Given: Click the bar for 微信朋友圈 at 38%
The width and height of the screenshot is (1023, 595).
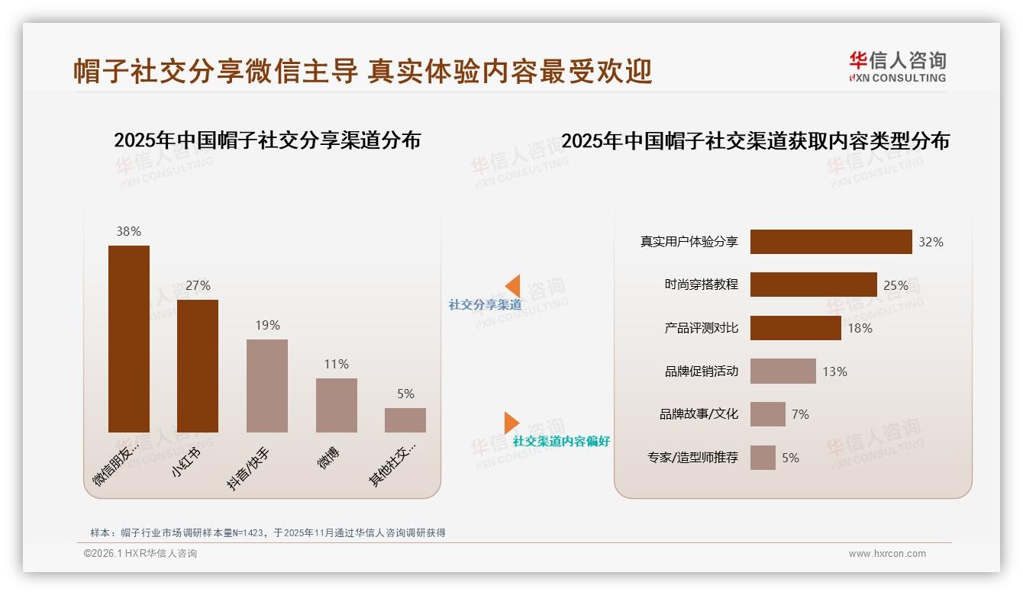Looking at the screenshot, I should (128, 339).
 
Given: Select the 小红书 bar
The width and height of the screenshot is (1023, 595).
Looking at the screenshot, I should (198, 366).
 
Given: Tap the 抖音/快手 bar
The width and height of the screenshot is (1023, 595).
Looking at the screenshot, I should (267, 386).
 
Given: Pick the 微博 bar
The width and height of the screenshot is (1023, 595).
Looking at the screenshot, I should (336, 405).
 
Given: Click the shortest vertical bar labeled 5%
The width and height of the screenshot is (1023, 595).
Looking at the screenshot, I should (405, 420).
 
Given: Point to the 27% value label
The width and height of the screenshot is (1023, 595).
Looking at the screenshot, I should (198, 285).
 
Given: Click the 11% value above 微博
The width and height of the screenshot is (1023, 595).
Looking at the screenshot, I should (336, 364).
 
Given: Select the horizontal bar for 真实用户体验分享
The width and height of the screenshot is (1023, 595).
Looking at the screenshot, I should (831, 242).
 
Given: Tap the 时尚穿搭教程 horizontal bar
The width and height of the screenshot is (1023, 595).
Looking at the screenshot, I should (813, 285).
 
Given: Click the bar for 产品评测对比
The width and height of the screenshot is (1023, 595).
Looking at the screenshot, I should (795, 328).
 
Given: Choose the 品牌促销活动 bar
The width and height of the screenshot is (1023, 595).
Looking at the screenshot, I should (783, 371).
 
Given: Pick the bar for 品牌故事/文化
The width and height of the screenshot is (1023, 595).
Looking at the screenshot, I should (767, 414).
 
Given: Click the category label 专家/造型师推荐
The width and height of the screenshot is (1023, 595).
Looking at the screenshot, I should (692, 458).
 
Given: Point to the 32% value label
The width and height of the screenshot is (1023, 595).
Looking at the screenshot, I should (931, 242).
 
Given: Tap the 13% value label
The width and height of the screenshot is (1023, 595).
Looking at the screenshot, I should (834, 371).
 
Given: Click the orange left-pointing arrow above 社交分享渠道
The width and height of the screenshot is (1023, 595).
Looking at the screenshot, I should (513, 285).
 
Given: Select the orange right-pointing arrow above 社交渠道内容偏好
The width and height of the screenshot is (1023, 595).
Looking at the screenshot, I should (511, 423).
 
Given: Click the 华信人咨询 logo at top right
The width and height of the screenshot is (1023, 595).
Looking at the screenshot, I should (897, 67).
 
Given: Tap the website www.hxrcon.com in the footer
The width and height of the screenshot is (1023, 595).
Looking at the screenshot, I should (887, 554).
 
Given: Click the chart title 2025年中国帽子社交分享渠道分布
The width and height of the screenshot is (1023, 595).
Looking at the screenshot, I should (267, 140).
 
